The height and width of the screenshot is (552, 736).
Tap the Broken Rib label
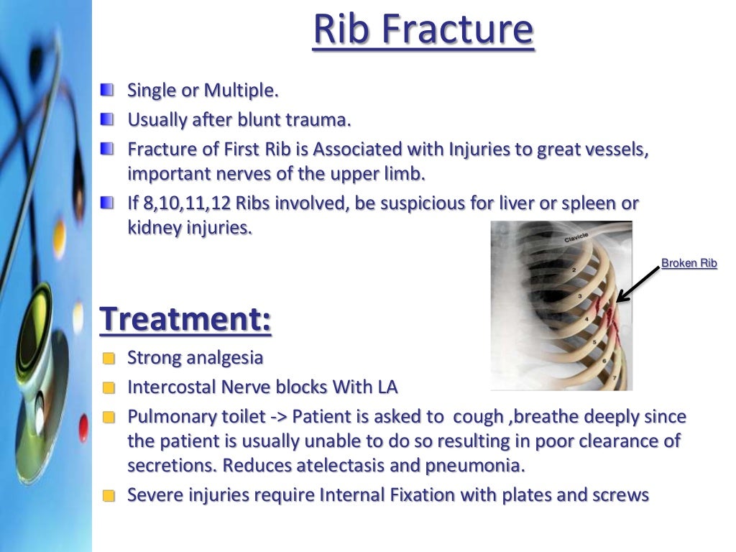point(689,263)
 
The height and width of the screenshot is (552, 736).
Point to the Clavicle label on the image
point(576,237)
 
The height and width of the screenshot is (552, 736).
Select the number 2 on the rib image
point(574,270)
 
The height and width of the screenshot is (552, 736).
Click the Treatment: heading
point(185,318)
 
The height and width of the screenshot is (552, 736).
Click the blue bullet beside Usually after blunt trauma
point(107,119)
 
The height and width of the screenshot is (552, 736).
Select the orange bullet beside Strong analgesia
point(108,359)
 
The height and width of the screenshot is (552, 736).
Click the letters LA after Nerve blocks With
point(386,387)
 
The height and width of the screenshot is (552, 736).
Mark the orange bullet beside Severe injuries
point(108,496)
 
